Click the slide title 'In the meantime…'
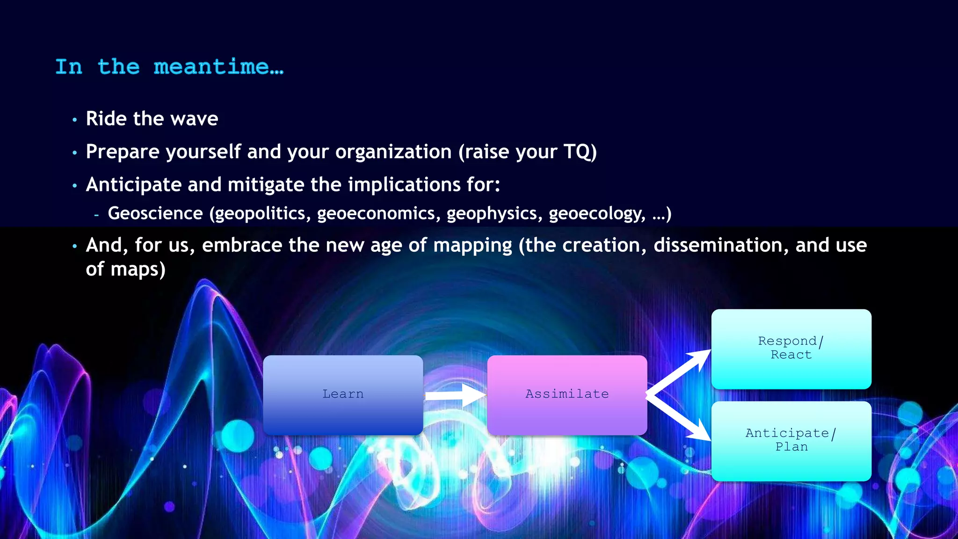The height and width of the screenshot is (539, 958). point(169,67)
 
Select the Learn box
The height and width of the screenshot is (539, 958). point(343,394)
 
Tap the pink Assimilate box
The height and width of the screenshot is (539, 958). point(567,394)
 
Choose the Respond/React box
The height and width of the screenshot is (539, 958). point(791,349)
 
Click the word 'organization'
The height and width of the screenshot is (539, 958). point(393,152)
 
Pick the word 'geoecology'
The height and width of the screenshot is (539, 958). point(597,214)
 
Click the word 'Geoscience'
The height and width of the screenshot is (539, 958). point(155,214)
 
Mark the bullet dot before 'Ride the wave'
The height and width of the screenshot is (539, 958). point(74,120)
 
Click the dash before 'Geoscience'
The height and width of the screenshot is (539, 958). point(96,215)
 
